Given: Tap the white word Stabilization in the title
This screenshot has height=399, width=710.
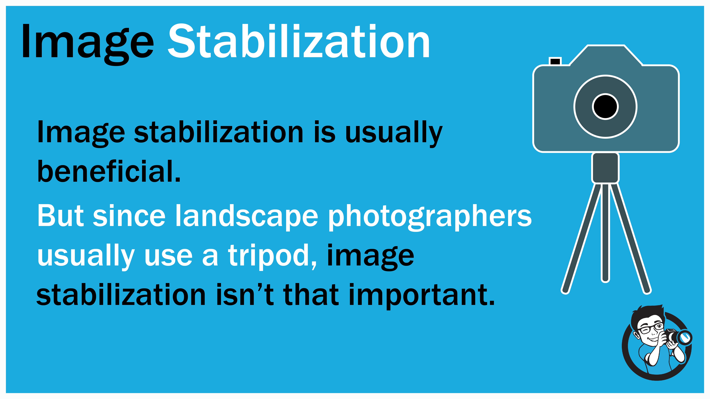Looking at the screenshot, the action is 299,41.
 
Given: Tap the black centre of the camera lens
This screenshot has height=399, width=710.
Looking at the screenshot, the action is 605,107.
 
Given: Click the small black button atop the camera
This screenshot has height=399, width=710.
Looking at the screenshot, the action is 555,61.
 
